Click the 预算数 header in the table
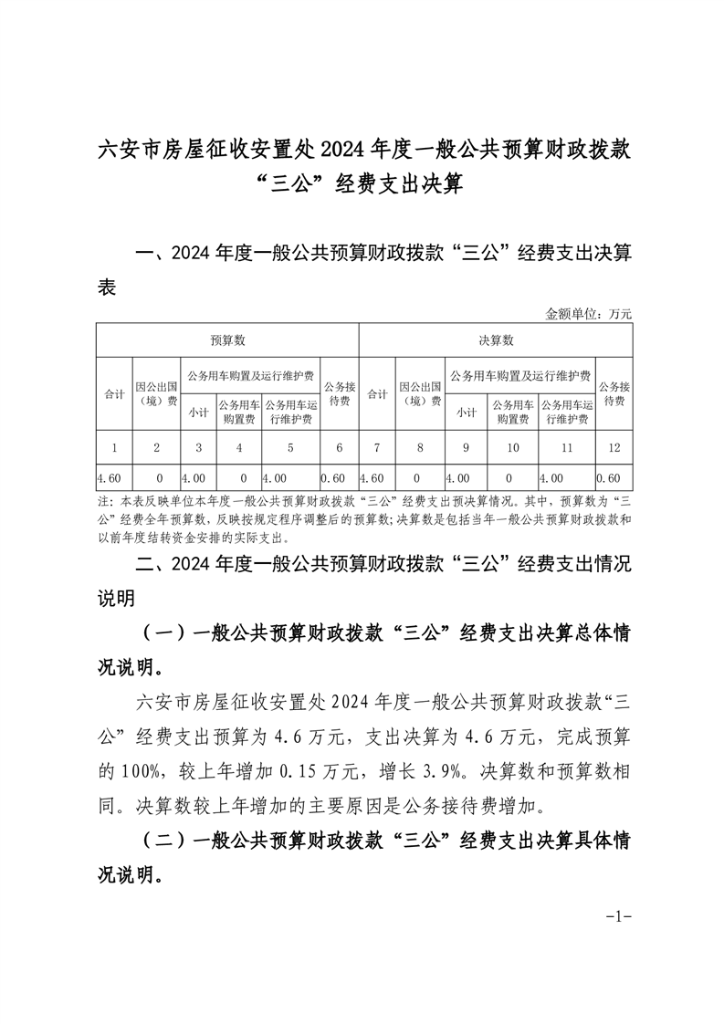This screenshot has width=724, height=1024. coord(227,340)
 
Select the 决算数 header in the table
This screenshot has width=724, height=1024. coord(496,340)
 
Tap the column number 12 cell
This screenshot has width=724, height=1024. coord(613,447)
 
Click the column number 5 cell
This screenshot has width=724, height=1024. coord(291,447)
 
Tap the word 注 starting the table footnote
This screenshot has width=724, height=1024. coord(101,502)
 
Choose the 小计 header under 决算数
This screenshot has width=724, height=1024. coord(467,412)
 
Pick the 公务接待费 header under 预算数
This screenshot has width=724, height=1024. coord(340,393)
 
